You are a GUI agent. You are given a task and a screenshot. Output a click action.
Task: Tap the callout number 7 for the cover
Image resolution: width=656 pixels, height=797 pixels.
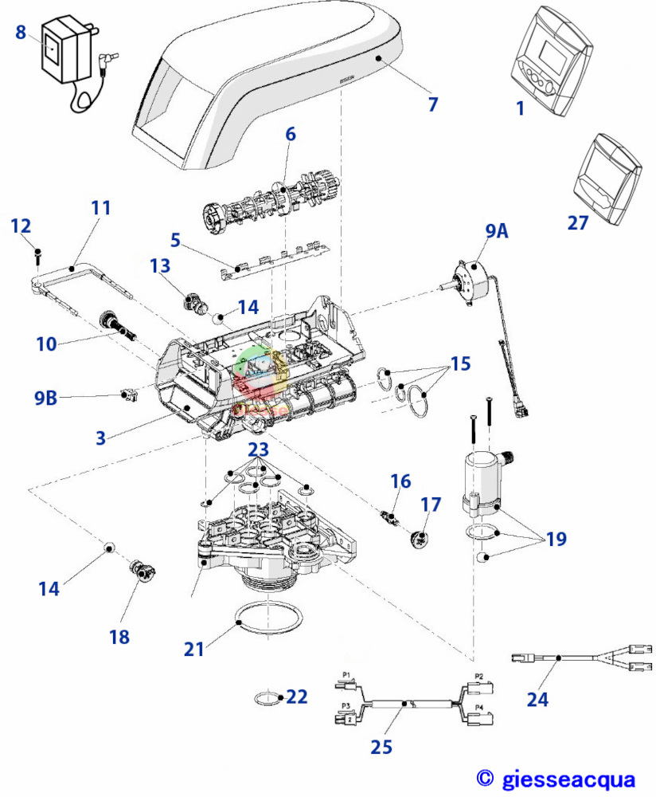click(x=432, y=104)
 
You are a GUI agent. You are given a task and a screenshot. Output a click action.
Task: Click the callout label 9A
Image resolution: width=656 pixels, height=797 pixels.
click(x=496, y=231)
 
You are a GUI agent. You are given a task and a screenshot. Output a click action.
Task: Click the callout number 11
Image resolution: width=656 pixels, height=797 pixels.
click(x=100, y=208)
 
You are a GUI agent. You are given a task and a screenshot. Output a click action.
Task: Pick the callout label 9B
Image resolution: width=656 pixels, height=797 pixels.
click(x=46, y=396)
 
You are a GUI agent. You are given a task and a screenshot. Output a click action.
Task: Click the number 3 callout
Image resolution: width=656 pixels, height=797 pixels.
click(x=101, y=438)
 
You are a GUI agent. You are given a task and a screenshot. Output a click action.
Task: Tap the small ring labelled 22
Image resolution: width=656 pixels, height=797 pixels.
click(x=268, y=699)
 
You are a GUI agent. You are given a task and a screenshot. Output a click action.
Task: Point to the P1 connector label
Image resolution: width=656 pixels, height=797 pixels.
click(x=346, y=674)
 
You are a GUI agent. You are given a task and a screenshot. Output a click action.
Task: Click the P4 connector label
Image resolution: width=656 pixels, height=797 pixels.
click(x=478, y=706)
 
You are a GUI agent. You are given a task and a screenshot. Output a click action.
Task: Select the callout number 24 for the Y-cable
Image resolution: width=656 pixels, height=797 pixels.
click(x=537, y=699)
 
